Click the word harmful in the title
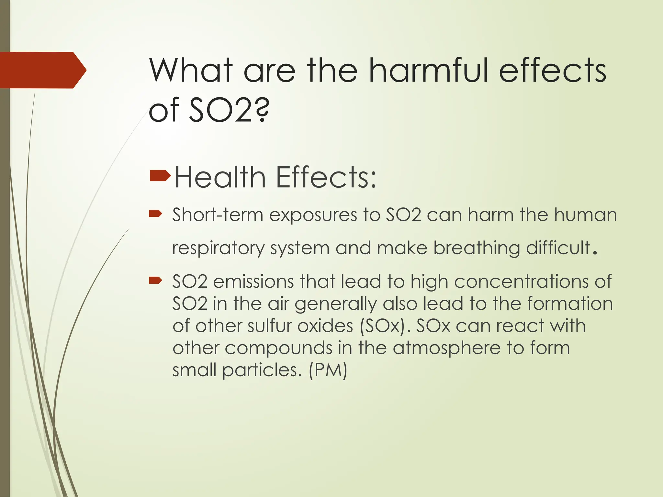(429, 70)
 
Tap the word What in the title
(191, 70)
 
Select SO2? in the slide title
(229, 110)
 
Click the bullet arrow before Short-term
(155, 213)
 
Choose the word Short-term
(218, 215)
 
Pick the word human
(585, 215)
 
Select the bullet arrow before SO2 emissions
(155, 280)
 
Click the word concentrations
(521, 282)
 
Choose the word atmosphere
(447, 348)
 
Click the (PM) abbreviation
(328, 370)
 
